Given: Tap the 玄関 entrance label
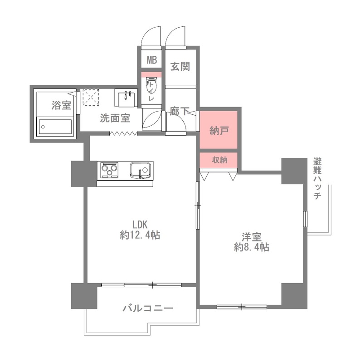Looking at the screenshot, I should click(x=180, y=67).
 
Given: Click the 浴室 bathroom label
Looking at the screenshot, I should click(x=61, y=106).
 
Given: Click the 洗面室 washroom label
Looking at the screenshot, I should click(x=115, y=118).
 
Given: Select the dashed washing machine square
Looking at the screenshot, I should click(x=91, y=97).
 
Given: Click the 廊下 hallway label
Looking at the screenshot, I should click(x=180, y=112).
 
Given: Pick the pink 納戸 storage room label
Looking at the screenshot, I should click(x=219, y=131).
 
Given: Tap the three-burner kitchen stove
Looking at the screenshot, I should click(x=109, y=170).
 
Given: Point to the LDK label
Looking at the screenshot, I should click(x=140, y=224).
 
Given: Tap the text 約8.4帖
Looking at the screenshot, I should click(x=252, y=248).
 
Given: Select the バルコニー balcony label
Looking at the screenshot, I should click(x=148, y=309).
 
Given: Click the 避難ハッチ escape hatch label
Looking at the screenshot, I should click(x=317, y=179).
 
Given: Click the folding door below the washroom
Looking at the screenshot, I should click(x=123, y=133).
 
